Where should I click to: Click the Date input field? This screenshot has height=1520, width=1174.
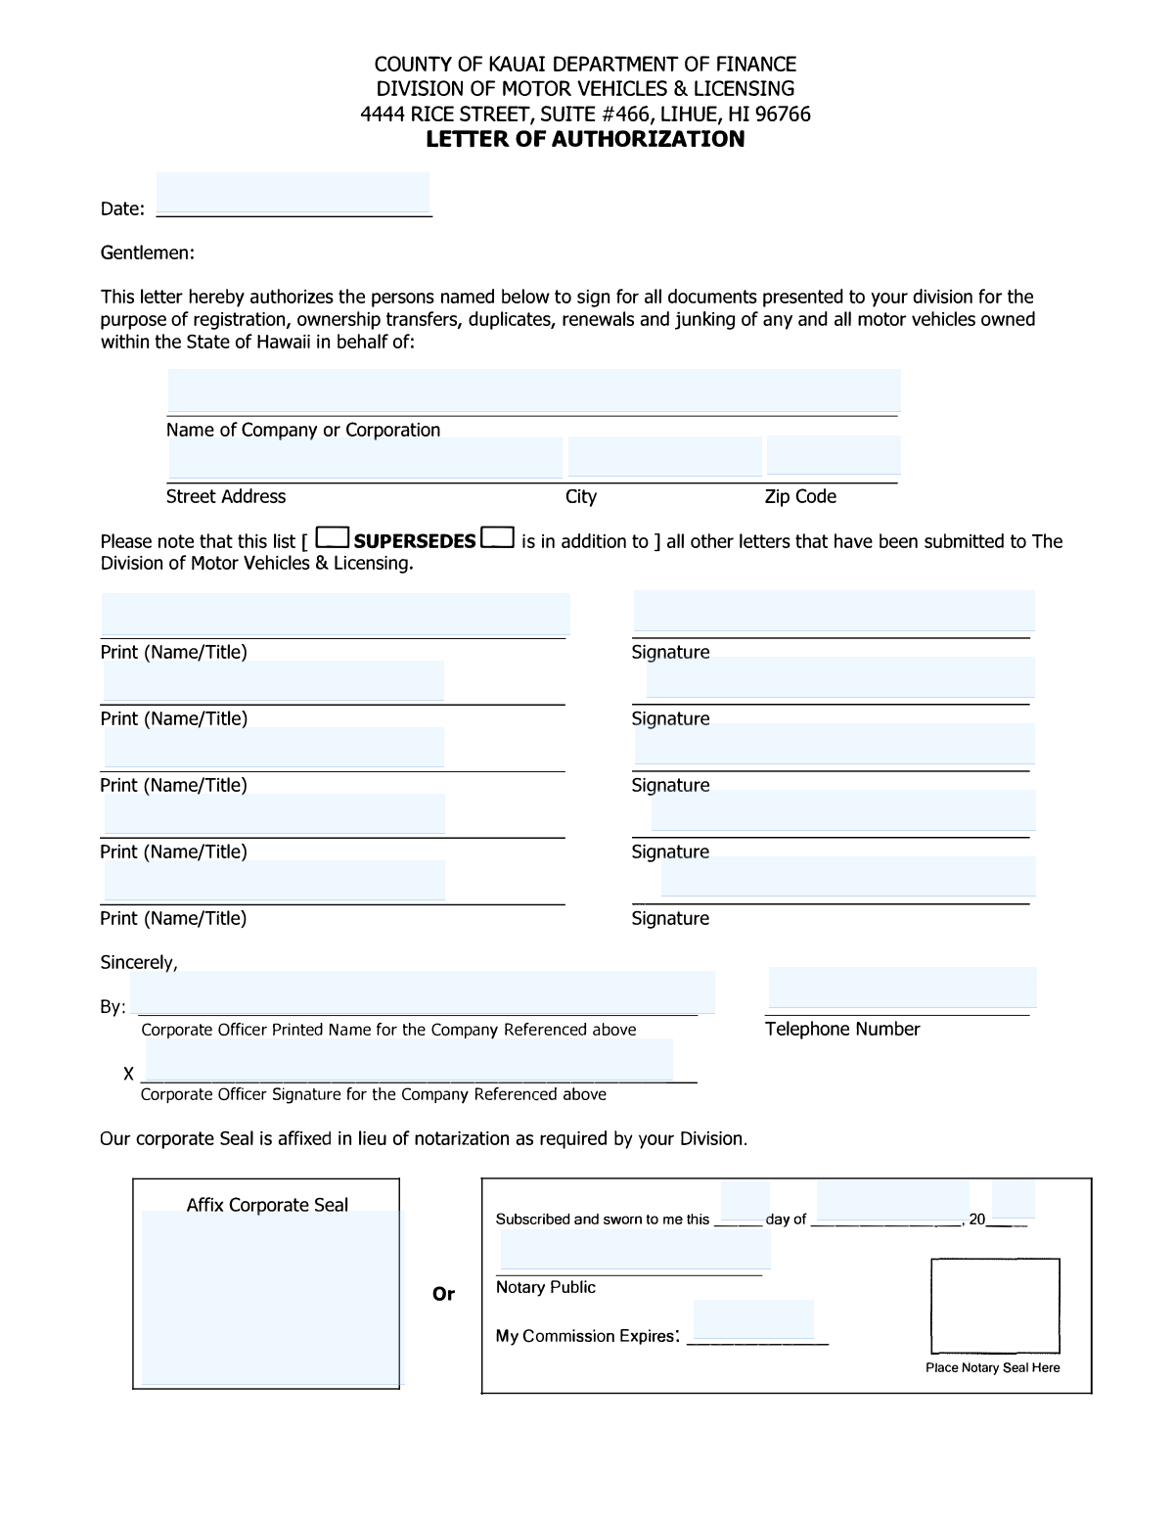pos(293,194)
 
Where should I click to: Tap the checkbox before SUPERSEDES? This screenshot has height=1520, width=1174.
pos(334,537)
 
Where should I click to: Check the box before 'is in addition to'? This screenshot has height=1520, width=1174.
pos(498,537)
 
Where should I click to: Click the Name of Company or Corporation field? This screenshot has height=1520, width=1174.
pos(533,392)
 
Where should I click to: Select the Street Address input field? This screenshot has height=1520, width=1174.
pos(365,457)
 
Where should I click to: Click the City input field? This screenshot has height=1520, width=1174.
pos(664,457)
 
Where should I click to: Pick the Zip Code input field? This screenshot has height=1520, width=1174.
pos(833,456)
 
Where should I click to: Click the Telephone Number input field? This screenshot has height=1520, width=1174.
pos(902,988)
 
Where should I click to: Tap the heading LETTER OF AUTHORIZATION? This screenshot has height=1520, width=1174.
pos(585,139)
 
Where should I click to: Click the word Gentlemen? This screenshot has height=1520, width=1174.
pos(147,253)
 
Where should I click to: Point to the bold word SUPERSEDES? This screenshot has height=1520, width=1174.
pos(415,541)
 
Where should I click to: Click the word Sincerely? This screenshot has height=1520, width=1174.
pos(138,962)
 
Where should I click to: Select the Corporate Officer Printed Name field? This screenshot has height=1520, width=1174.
pos(423,992)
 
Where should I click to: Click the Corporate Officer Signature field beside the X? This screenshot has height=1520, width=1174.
pos(409,1060)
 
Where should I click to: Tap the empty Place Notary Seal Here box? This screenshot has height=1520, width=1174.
pos(995,1306)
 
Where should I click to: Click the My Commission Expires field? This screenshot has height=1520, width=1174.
pos(753,1319)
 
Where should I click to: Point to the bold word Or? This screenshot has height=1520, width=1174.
pos(443,1294)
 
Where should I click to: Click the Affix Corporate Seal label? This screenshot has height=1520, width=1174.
pos(267,1205)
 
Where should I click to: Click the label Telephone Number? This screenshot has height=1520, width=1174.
pos(842,1029)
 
